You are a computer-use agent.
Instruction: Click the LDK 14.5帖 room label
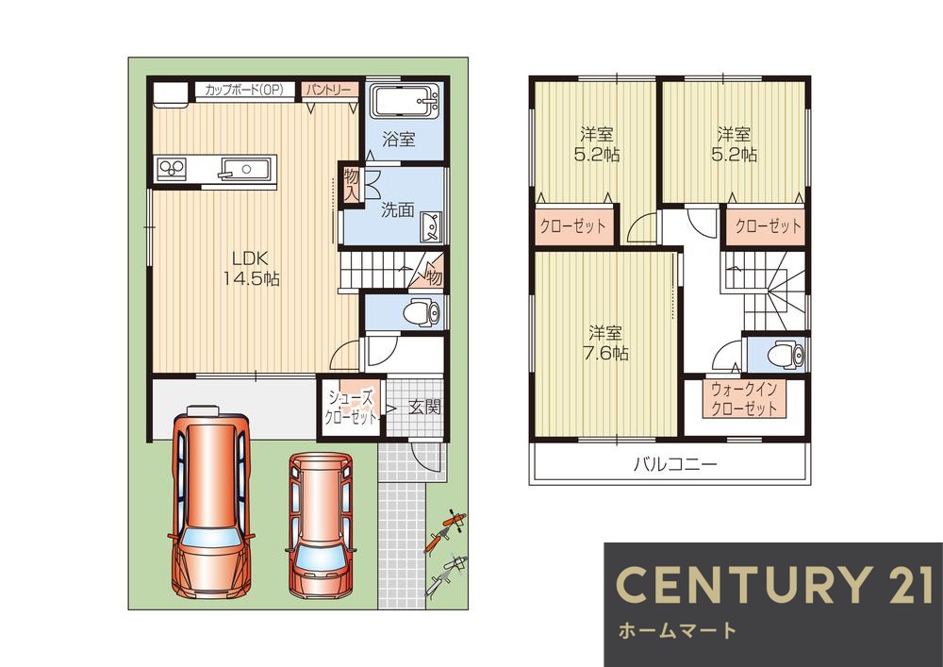[x=252, y=268]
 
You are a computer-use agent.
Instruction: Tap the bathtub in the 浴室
[x=405, y=101]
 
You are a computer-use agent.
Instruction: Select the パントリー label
[x=329, y=90]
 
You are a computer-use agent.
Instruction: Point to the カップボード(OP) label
[x=243, y=90]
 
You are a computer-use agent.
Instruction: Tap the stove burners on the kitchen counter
[x=172, y=168]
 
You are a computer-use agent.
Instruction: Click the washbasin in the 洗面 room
[x=431, y=226]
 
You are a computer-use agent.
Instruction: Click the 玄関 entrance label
[x=424, y=407]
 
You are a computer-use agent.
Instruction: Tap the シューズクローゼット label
[x=351, y=408]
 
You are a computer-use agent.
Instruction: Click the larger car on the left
[x=211, y=502]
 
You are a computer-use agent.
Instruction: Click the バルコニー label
[x=675, y=464]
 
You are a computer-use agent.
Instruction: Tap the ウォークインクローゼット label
[x=745, y=399]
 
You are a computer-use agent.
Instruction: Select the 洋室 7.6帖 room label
[x=605, y=342]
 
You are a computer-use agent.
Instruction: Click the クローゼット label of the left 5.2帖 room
[x=572, y=226]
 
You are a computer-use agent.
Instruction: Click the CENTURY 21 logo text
[x=774, y=584]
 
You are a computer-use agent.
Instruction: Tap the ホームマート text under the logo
[x=677, y=630]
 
